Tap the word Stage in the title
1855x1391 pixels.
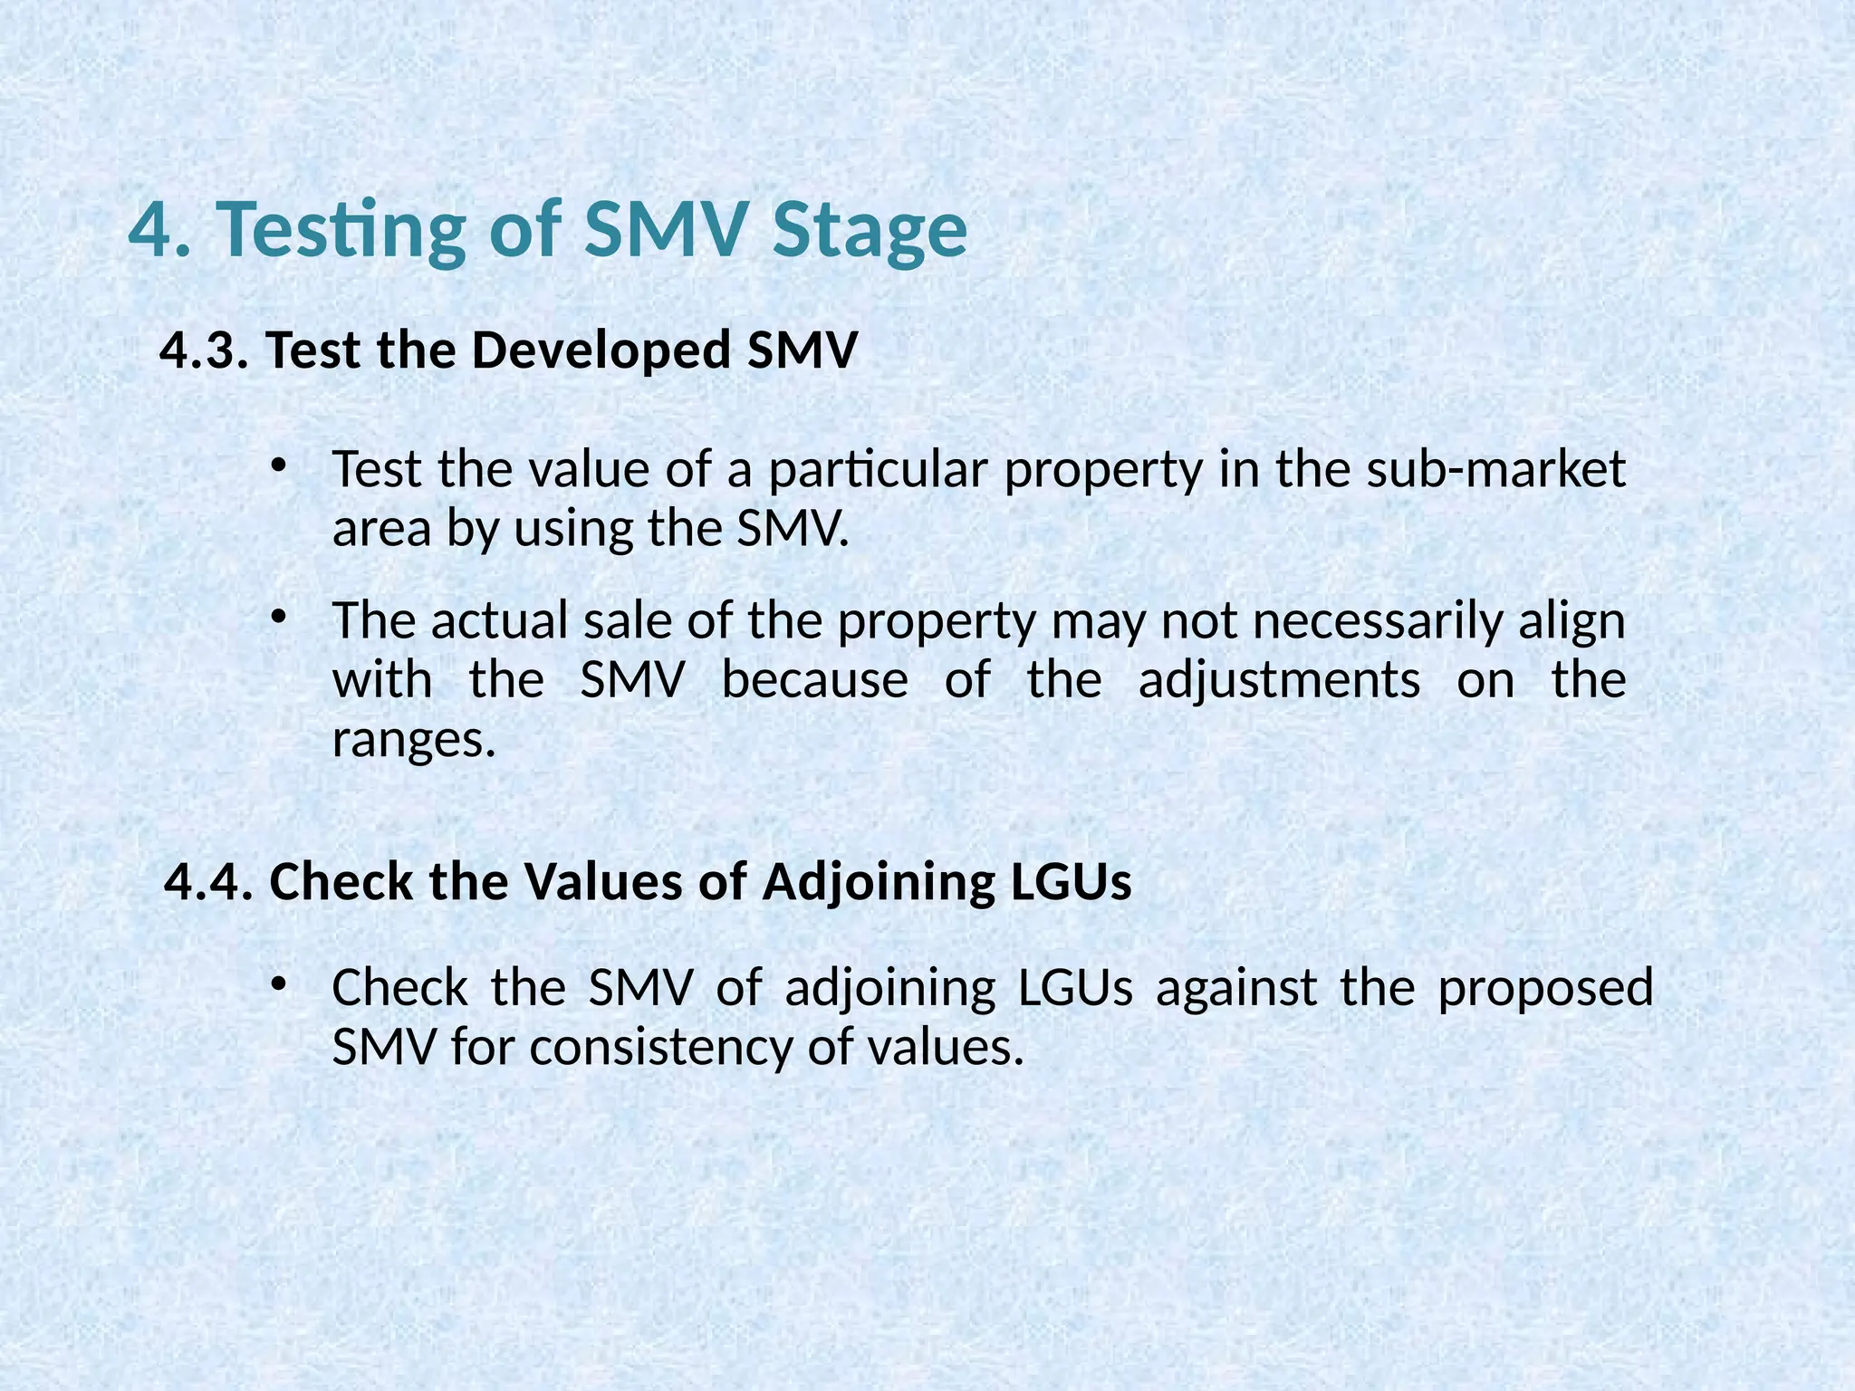(869, 230)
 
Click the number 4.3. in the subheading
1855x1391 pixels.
(204, 350)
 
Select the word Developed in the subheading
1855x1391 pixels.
(601, 350)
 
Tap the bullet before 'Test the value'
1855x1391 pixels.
(278, 466)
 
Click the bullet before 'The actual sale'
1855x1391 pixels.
(278, 618)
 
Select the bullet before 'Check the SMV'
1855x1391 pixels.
(278, 983)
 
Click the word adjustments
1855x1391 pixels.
(1279, 680)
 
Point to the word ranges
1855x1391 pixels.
(414, 741)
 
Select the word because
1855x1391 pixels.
(814, 680)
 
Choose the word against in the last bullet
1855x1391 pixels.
(1236, 988)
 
